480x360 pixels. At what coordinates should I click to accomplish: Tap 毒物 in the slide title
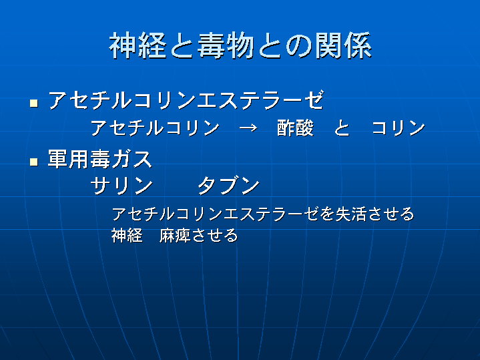click(x=226, y=45)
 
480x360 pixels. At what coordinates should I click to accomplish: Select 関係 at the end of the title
click(x=343, y=45)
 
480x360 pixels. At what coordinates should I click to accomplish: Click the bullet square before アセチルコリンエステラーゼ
click(x=34, y=104)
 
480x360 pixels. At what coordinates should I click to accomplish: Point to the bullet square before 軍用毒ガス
click(x=34, y=162)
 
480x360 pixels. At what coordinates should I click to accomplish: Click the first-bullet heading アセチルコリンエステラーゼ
click(x=186, y=100)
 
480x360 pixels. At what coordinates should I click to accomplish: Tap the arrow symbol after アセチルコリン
click(x=248, y=128)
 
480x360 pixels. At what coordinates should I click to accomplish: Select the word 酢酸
click(x=295, y=128)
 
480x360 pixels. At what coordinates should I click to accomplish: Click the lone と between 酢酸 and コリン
click(x=342, y=128)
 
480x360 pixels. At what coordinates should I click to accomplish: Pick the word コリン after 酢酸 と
click(x=399, y=128)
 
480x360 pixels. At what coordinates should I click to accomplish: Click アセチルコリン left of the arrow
click(x=155, y=128)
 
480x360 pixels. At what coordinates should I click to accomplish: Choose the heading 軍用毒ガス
click(x=99, y=159)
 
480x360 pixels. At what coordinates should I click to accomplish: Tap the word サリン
click(x=122, y=186)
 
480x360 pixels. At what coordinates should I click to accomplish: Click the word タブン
click(x=229, y=186)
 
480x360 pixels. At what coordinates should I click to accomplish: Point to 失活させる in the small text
click(x=375, y=214)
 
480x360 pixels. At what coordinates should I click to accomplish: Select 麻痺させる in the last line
click(x=198, y=236)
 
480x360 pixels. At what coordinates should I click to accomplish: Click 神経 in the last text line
click(x=127, y=236)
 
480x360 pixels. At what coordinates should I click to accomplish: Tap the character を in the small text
click(x=327, y=214)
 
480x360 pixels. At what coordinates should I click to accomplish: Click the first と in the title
click(x=182, y=46)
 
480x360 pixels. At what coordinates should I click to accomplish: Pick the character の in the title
click(x=299, y=46)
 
